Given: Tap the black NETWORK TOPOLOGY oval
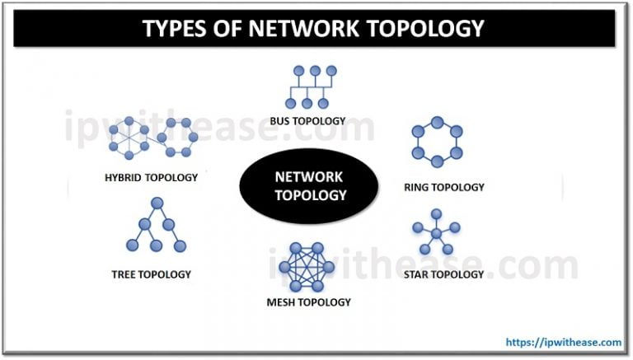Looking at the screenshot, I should tap(309, 186).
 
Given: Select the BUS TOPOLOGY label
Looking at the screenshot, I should tap(309, 121).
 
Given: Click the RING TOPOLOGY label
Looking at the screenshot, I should tap(444, 187).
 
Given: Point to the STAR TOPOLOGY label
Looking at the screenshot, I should tap(444, 274).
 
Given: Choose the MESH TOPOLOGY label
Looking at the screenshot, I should tap(309, 302).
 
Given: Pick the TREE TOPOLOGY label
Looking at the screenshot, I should tap(152, 274).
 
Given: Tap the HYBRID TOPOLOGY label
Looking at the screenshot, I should tap(152, 176).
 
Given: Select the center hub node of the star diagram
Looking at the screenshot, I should tap(437, 234).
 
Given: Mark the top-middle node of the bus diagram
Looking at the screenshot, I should tap(309, 72).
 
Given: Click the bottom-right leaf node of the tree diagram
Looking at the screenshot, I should tap(181, 245).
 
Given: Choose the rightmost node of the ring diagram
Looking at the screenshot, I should tap(457, 141).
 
